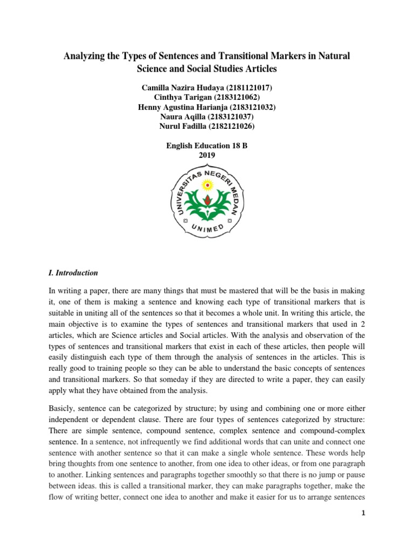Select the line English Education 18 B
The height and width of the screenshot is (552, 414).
207,145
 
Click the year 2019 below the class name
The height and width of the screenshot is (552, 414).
207,155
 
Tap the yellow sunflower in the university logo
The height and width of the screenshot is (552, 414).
207,185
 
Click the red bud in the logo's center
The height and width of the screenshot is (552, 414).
207,202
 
